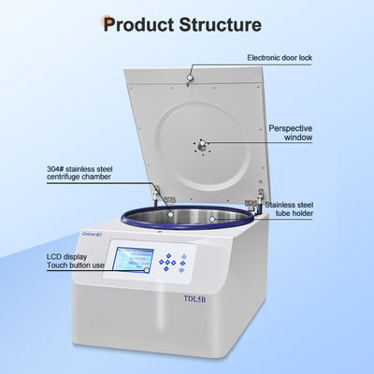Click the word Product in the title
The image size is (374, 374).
(138, 24)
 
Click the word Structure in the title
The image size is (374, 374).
(220, 24)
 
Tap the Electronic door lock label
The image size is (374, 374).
(280, 58)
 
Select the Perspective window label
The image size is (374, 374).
(291, 133)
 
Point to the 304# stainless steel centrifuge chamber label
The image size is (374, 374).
(79, 173)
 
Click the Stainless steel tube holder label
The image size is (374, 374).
(289, 209)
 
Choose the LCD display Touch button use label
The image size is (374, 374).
(76, 261)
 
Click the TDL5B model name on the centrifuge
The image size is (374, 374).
(194, 299)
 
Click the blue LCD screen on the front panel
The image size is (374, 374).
(133, 259)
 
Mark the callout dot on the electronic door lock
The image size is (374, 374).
(190, 78)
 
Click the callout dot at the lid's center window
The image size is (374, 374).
(202, 143)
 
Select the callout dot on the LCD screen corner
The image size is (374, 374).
(147, 270)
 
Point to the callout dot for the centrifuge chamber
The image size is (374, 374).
(170, 214)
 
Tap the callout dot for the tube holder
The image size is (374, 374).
(212, 219)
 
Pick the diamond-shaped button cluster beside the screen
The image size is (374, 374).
(167, 262)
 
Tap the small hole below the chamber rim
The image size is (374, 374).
(159, 232)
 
